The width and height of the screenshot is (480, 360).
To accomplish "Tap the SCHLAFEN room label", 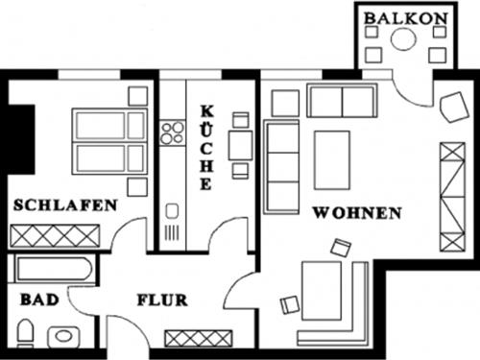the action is click(x=65, y=204).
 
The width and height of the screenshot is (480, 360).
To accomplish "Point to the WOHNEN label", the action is click(x=356, y=213).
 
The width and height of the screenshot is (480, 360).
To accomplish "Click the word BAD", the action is click(x=39, y=300).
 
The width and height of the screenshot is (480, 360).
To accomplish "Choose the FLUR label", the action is click(x=161, y=300).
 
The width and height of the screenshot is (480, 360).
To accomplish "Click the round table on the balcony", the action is click(x=404, y=39).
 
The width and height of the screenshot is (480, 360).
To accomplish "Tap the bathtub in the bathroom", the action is click(x=54, y=271).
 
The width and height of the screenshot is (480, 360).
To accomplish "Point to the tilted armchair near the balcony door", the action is click(x=449, y=109).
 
